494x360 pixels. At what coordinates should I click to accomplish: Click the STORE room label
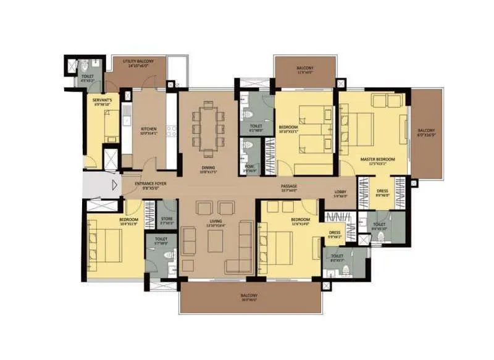[x=166, y=219]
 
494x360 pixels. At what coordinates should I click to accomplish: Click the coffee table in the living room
[x=216, y=243]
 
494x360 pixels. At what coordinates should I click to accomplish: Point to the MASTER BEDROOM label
[x=377, y=161]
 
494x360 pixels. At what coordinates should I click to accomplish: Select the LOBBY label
[x=340, y=194]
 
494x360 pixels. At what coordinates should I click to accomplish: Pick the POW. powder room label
[x=249, y=166]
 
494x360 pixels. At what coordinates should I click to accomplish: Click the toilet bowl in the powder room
[x=248, y=146]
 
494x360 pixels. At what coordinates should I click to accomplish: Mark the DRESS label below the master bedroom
[x=382, y=192]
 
